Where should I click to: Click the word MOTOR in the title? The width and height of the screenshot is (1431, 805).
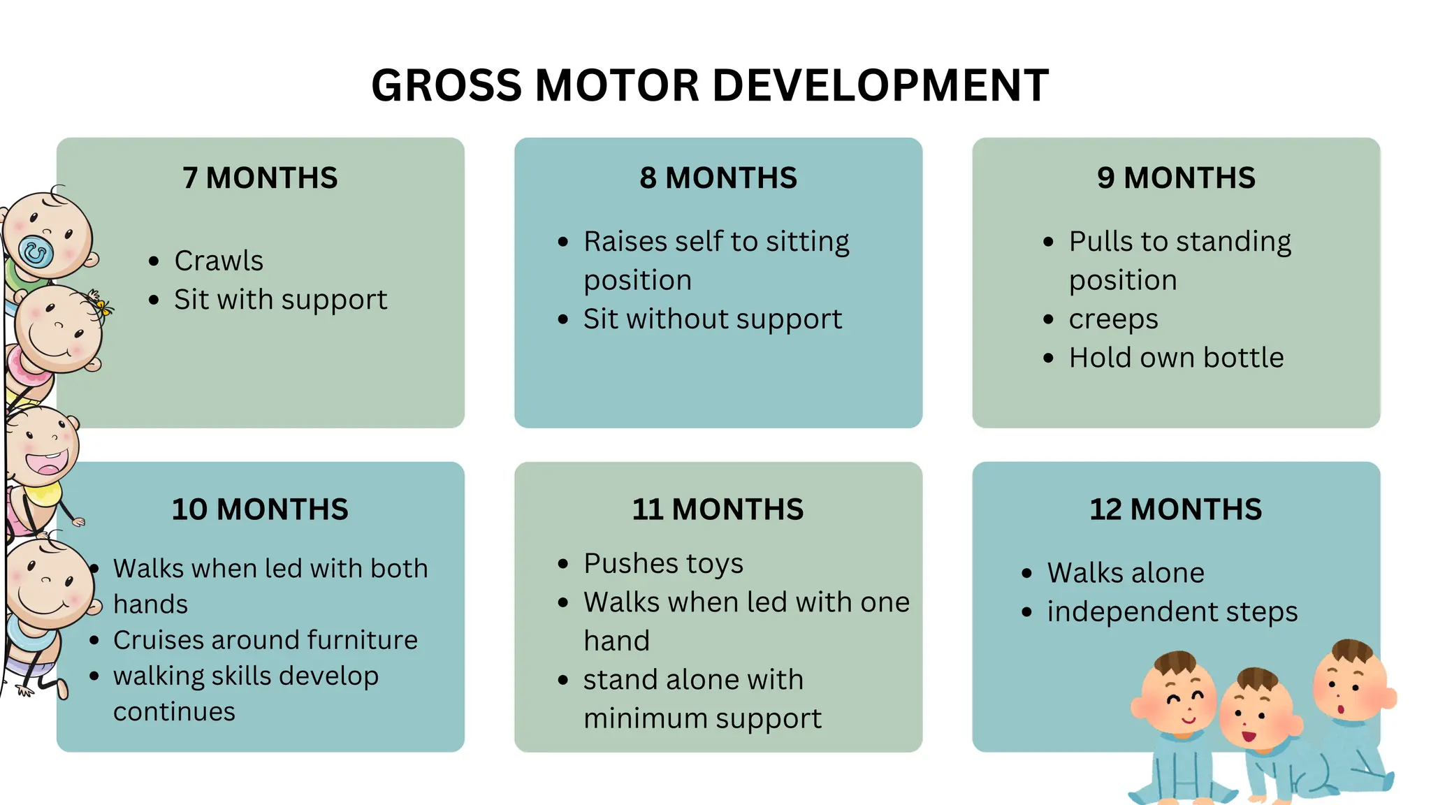point(618,86)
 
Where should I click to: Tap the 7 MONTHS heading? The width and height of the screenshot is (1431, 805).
point(260,178)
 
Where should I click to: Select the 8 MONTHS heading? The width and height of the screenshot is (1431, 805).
point(718,178)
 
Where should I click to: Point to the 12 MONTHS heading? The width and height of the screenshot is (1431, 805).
point(1175,509)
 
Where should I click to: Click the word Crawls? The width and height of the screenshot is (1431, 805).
point(219,261)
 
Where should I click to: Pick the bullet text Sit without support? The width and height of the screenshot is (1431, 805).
point(712,319)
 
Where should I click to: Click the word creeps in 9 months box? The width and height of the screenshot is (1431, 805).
point(1113,319)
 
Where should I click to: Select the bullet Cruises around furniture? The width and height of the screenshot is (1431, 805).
point(265,640)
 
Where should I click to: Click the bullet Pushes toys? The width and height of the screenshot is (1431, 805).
point(663,563)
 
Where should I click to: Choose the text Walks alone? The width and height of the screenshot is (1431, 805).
point(1125,573)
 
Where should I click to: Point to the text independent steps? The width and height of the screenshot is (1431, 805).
point(1172,611)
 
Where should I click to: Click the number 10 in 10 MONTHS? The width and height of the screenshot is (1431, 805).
point(189,509)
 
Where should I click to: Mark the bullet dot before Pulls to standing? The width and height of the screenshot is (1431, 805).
point(1048,242)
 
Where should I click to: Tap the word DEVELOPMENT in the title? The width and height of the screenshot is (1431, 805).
point(880,86)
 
